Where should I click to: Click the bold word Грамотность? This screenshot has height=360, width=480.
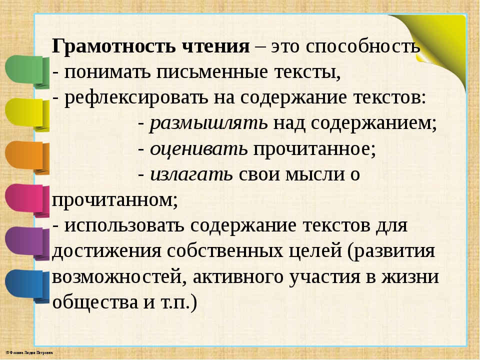(x=114, y=46)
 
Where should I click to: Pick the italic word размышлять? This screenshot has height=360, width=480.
(x=208, y=123)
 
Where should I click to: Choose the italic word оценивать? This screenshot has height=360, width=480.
(x=198, y=149)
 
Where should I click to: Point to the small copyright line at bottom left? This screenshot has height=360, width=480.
(x=29, y=352)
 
